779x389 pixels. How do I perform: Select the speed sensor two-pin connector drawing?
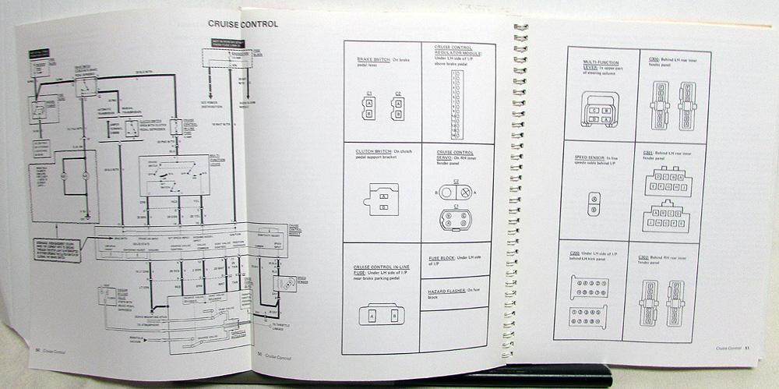pyautogui.click(x=594, y=204)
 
